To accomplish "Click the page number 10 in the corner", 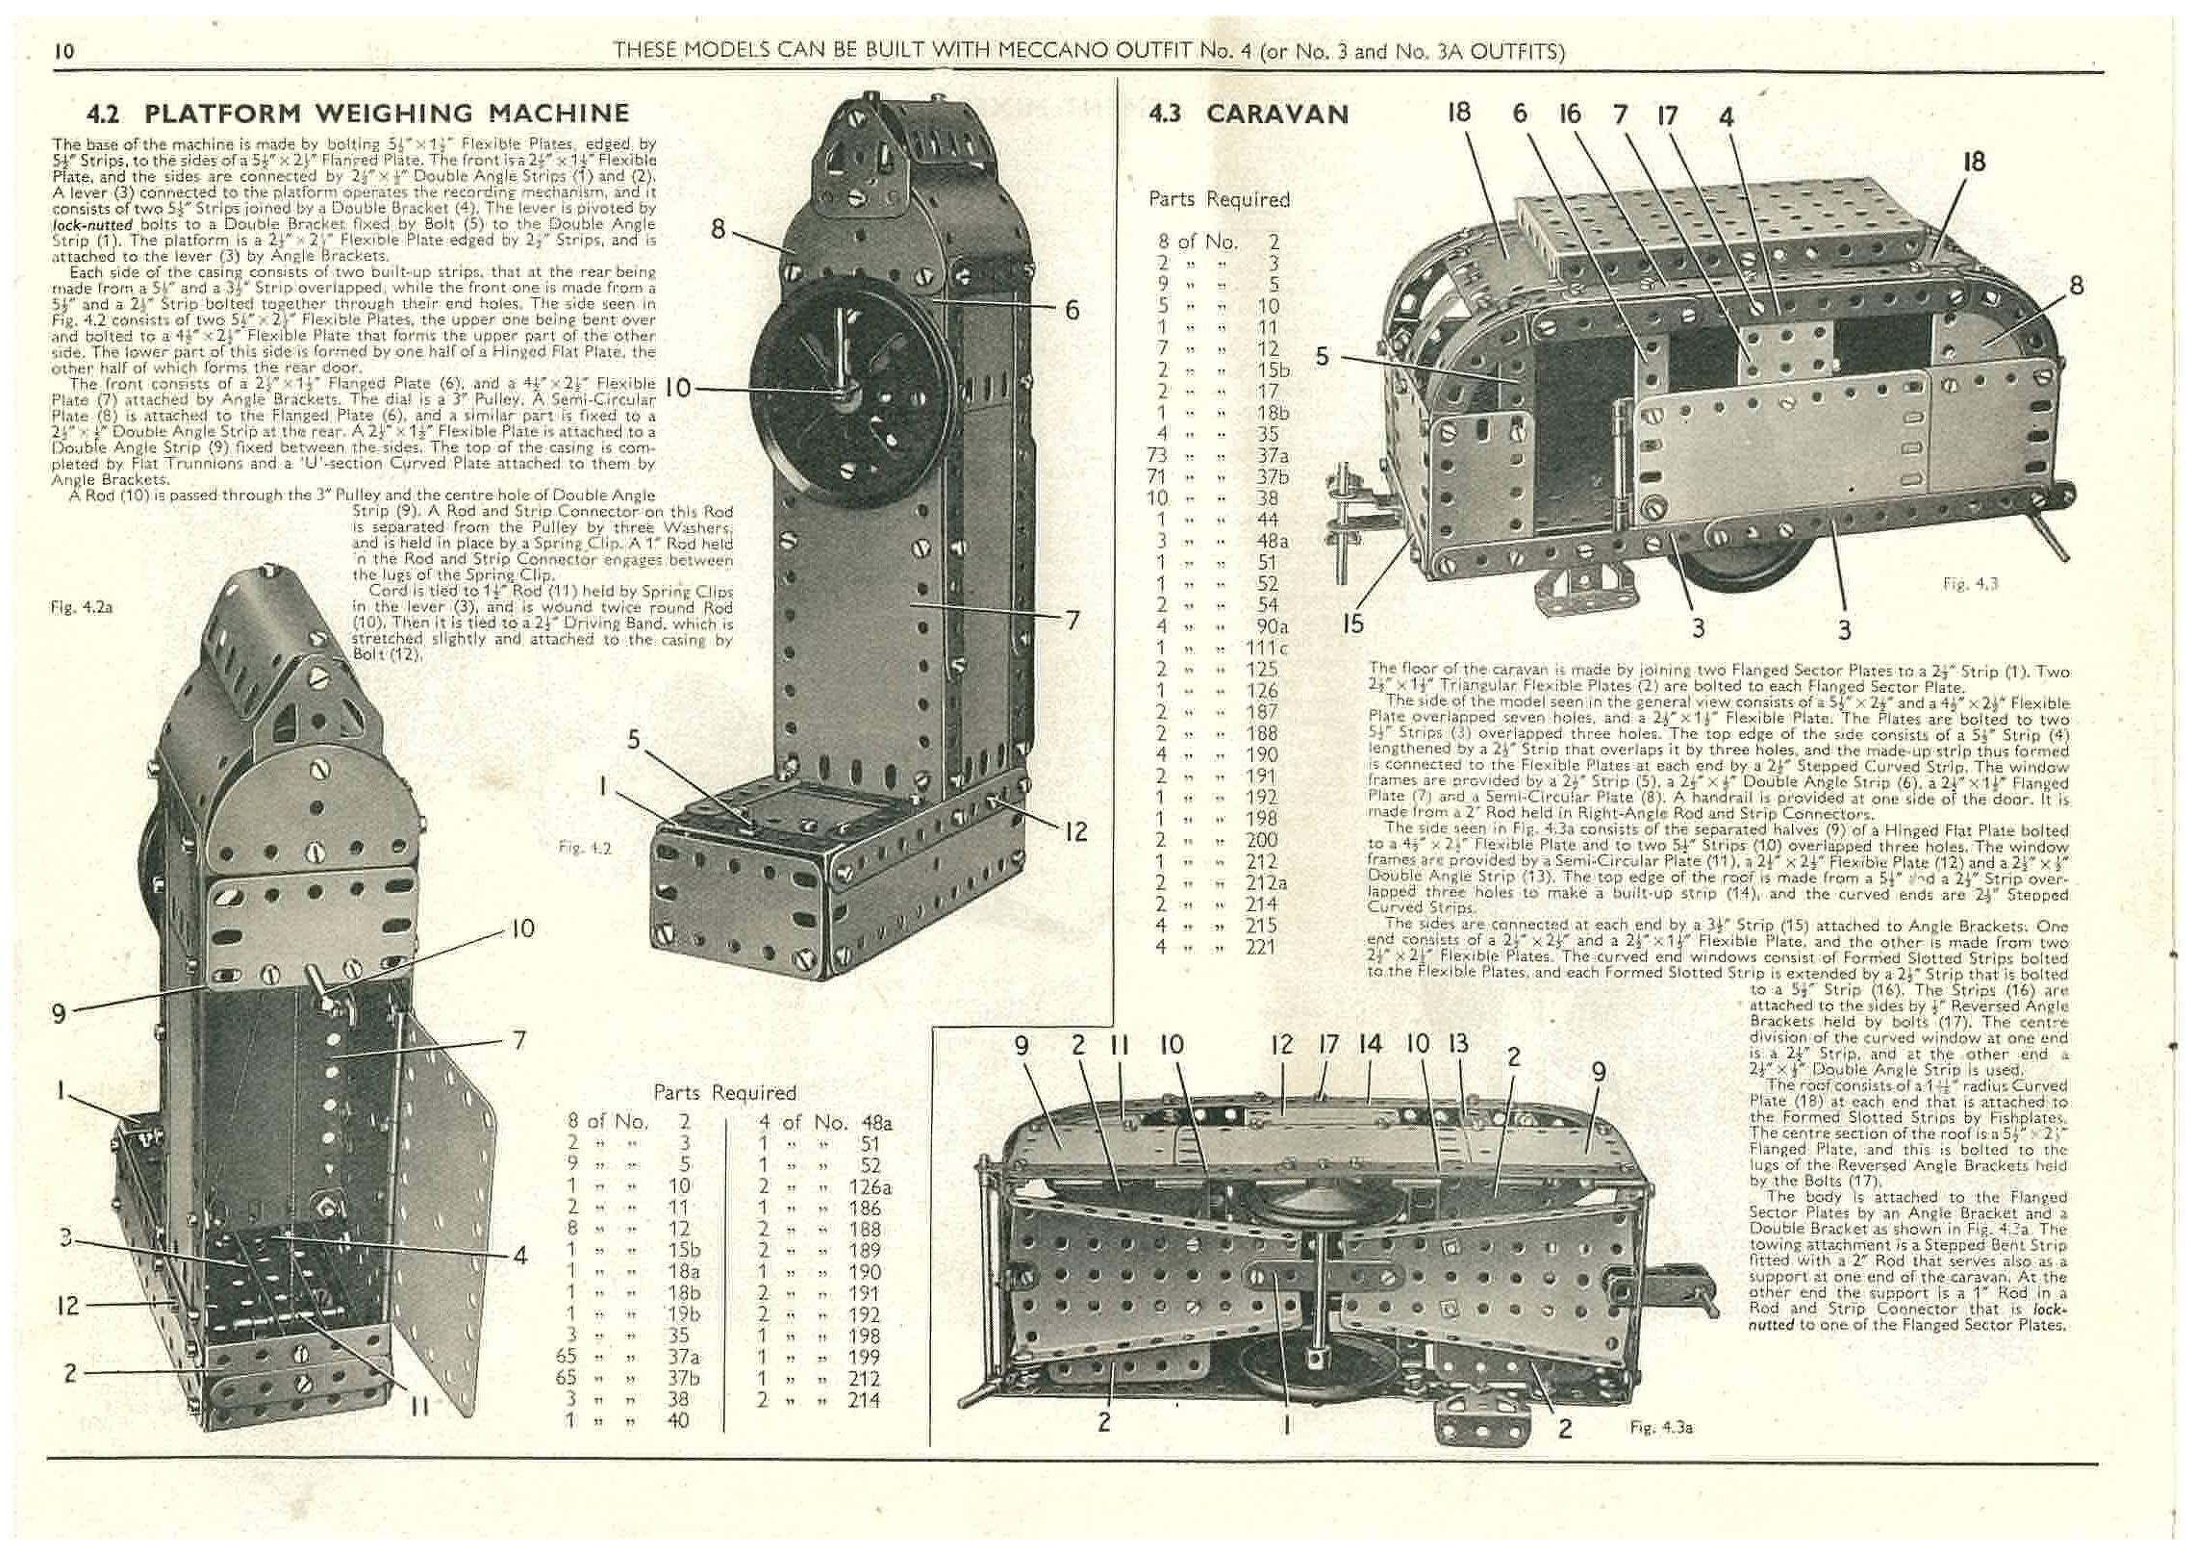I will point(64,52).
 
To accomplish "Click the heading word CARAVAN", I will point(1277,115).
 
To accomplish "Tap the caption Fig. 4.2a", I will point(81,607).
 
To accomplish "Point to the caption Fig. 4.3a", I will point(1660,1428).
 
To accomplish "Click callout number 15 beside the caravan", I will point(1352,624).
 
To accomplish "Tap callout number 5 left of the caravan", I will point(1322,357).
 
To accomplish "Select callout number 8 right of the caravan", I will point(2076,286).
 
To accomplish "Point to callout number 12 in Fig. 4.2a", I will point(67,1306).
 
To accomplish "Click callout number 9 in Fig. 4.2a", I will point(59,1013).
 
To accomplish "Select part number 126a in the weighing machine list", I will point(870,1187).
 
